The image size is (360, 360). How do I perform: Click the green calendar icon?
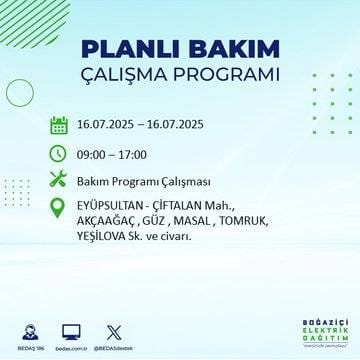(59, 126)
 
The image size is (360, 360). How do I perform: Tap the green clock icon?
(59, 153)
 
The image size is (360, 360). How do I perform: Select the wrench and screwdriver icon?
(59, 180)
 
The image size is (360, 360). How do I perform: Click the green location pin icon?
(59, 207)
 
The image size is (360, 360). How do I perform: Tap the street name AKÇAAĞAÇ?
(110, 222)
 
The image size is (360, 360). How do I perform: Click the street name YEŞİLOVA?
(106, 236)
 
